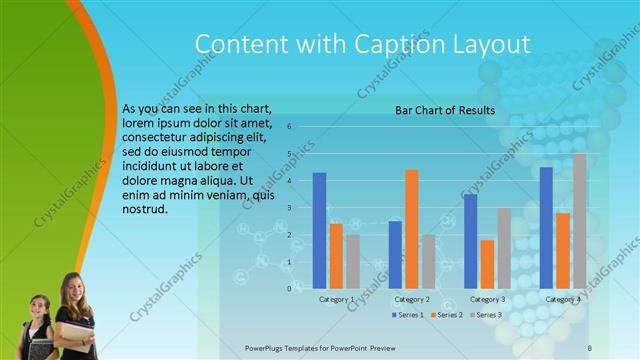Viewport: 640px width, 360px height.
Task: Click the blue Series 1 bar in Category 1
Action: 319,231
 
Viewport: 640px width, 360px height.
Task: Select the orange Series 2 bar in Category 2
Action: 411,229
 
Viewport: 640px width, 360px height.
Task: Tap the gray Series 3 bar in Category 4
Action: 580,221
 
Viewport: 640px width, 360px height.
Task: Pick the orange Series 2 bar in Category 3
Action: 487,264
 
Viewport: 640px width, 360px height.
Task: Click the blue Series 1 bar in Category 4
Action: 546,228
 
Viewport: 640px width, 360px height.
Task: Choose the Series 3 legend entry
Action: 486,315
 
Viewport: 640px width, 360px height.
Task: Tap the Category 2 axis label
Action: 411,299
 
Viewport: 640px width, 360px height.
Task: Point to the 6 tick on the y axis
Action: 288,127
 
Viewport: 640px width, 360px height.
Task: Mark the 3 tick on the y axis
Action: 288,208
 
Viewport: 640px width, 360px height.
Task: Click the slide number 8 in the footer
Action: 590,347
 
